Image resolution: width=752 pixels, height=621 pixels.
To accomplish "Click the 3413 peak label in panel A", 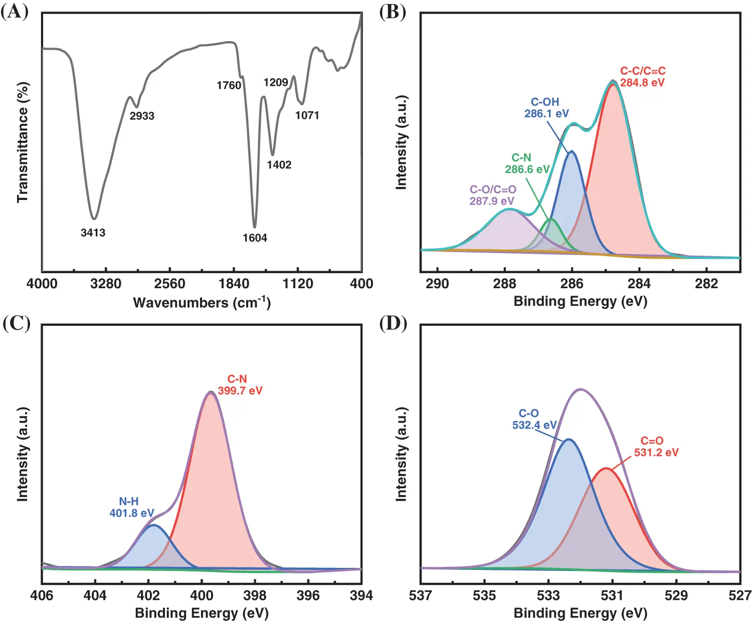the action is coord(93,233).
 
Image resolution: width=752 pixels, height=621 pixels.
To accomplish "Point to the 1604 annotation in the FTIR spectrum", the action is coord(255,238).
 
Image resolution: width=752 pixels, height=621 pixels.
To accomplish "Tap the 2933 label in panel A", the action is coord(142,116).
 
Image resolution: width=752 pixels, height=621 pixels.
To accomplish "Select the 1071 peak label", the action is coord(307,115).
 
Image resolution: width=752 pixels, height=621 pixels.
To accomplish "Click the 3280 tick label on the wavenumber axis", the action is coord(105,284).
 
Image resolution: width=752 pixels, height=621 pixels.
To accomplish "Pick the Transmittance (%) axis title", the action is coord(23,142).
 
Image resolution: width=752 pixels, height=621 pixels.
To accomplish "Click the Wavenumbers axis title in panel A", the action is coord(202,302).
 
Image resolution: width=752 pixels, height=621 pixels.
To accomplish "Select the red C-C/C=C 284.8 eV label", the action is coord(643,77).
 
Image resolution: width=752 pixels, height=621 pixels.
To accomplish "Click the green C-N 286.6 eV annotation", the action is coord(527,163).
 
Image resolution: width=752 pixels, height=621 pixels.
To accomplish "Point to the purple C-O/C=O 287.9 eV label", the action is coord(493,195).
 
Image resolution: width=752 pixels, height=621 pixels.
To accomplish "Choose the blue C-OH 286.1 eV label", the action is coord(546,108).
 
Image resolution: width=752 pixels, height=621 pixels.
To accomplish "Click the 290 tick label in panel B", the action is coord(437,284).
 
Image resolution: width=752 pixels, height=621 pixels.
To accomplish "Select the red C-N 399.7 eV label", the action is coord(240,384).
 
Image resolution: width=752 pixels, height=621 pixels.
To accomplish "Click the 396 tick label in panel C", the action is coord(308,595).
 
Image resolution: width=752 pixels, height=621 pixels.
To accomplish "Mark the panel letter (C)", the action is coord(16,323).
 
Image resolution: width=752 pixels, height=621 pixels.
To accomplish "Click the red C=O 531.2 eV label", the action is coord(656,447).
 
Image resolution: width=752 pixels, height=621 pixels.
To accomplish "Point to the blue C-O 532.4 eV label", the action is coord(534,419).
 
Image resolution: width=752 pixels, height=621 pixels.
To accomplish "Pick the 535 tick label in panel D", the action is coord(484,595).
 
